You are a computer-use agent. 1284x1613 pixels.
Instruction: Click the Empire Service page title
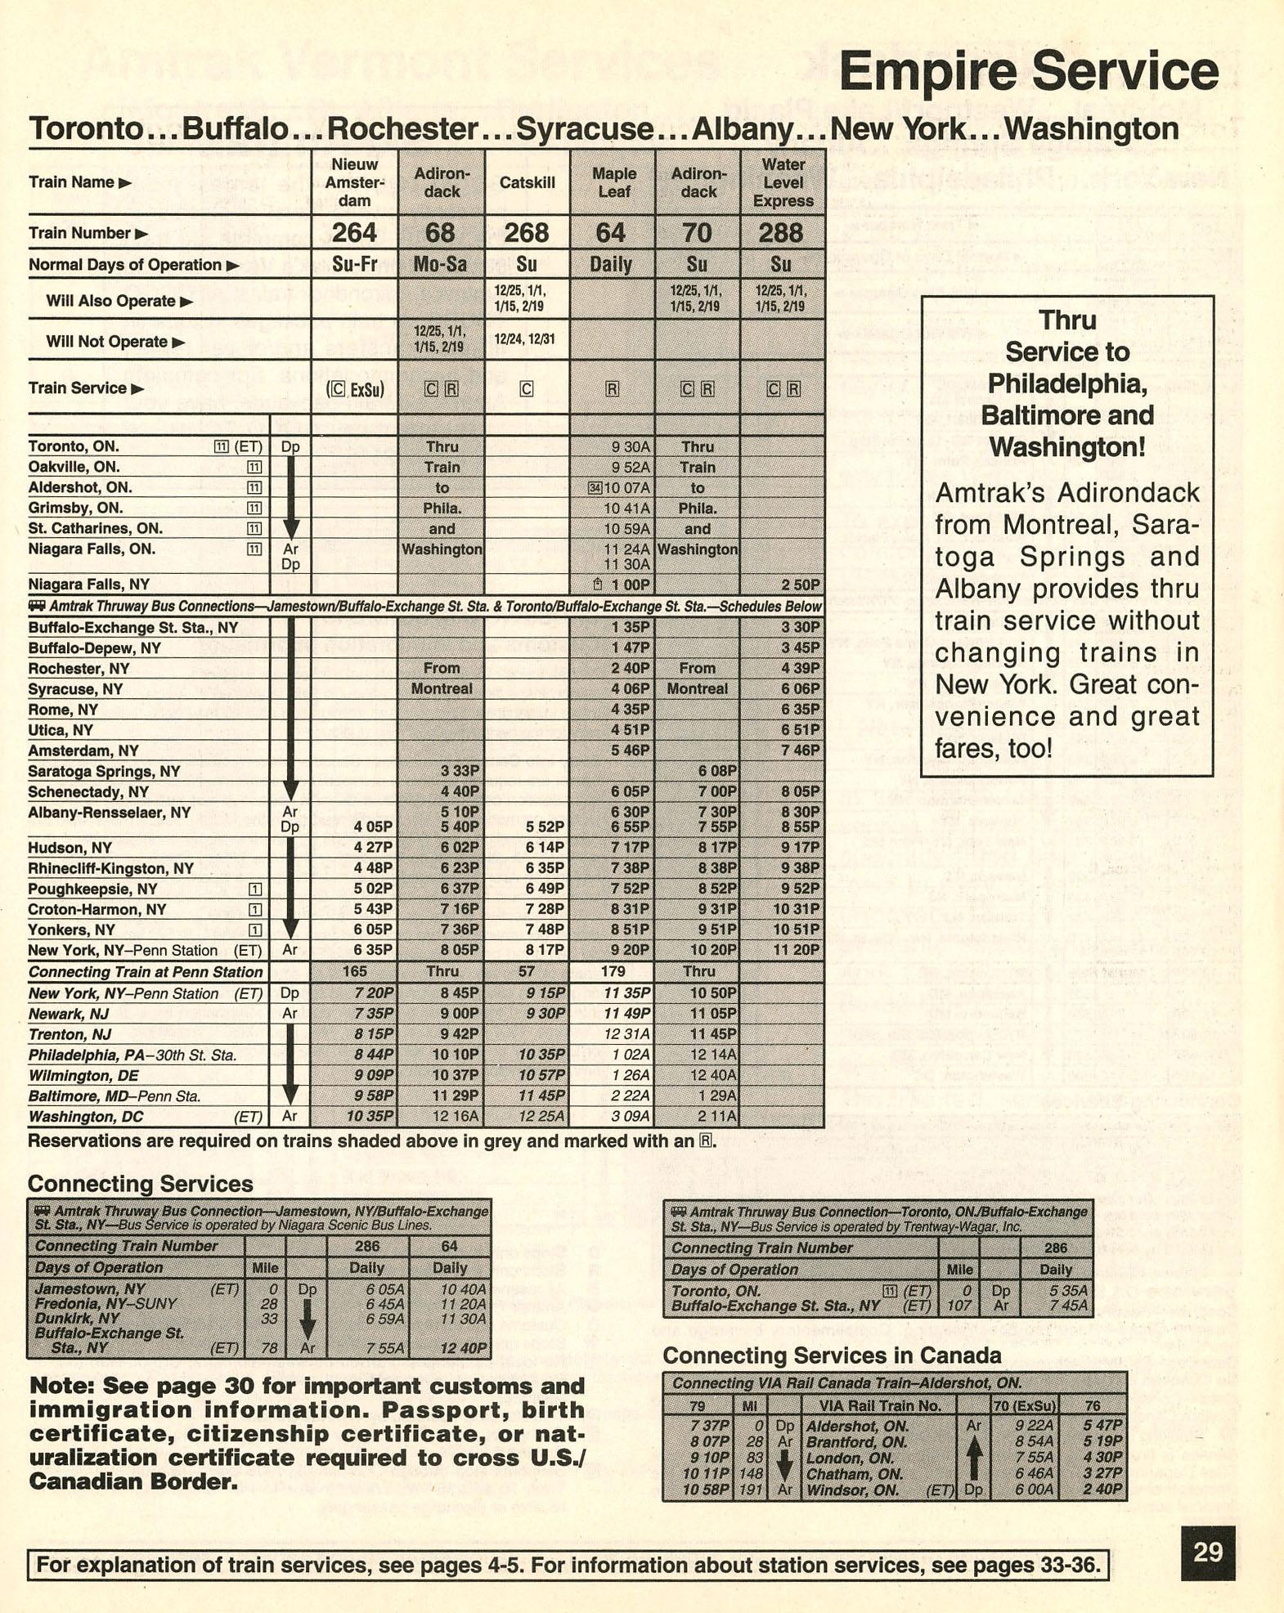[1028, 71]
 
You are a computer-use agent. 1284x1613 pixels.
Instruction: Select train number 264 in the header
[354, 233]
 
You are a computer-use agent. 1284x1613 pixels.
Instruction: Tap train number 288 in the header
[780, 233]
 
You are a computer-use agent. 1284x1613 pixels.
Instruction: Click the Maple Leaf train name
[613, 182]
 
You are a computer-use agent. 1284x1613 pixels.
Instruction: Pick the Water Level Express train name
[783, 182]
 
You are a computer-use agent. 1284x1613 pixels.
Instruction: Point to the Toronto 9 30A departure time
[630, 447]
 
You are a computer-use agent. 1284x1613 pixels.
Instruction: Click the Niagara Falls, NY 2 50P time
[799, 585]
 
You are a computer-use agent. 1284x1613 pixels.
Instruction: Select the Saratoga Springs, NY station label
[104, 772]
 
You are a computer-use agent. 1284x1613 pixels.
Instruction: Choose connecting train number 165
[354, 972]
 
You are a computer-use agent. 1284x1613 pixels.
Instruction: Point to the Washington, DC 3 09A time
[630, 1117]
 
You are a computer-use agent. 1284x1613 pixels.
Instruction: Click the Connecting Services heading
[140, 1184]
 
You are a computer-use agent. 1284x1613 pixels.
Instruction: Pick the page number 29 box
[1207, 1552]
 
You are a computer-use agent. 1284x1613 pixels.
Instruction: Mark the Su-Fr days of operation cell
[354, 265]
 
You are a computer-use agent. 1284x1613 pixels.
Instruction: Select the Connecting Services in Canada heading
[831, 1356]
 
